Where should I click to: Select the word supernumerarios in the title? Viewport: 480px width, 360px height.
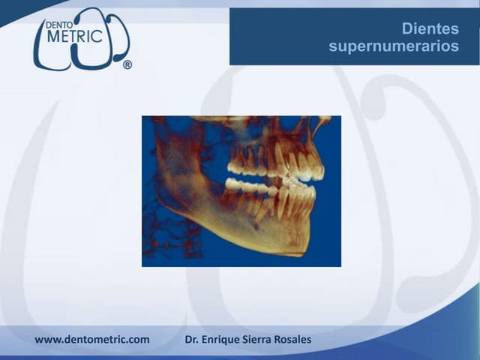[394, 46]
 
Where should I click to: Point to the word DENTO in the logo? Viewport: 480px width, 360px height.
[60, 24]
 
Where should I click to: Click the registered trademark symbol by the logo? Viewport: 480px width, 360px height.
[127, 65]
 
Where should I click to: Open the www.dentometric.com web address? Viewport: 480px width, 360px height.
[92, 340]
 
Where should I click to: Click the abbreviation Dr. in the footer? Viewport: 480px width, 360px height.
[193, 340]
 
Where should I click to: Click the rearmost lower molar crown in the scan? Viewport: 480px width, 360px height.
[233, 183]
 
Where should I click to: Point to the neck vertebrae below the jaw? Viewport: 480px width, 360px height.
[161, 232]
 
